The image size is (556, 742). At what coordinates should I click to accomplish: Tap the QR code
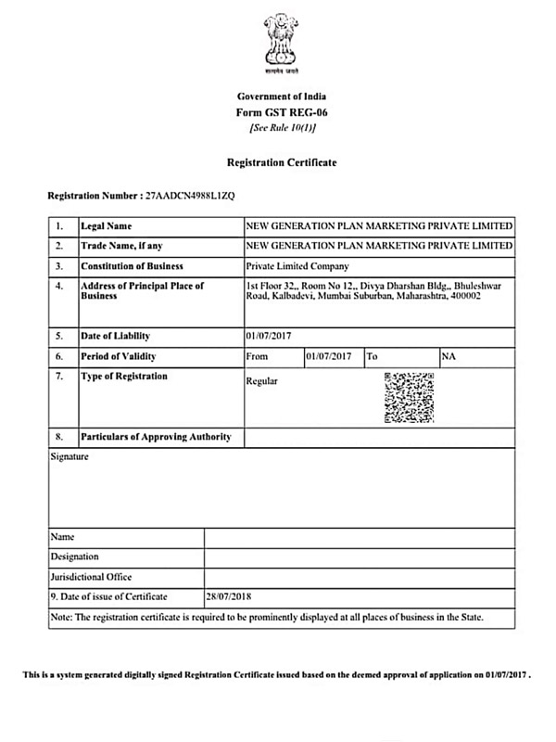tap(409, 397)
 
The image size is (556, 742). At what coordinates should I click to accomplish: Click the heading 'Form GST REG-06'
tap(282, 112)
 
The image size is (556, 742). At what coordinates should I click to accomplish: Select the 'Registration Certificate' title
tap(282, 162)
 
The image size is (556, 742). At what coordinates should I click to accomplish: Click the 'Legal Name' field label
tap(107, 226)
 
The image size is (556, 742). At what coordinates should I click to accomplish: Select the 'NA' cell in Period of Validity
tap(449, 356)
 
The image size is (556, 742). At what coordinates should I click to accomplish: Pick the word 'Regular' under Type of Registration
tap(261, 381)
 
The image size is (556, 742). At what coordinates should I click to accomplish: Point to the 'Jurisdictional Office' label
tap(92, 576)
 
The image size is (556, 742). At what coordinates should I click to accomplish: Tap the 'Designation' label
tap(75, 556)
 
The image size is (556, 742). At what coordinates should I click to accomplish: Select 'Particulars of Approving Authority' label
tap(156, 436)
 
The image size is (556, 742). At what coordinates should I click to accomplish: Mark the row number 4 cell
tap(59, 286)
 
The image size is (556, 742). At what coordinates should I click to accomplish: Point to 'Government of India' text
tap(282, 96)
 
